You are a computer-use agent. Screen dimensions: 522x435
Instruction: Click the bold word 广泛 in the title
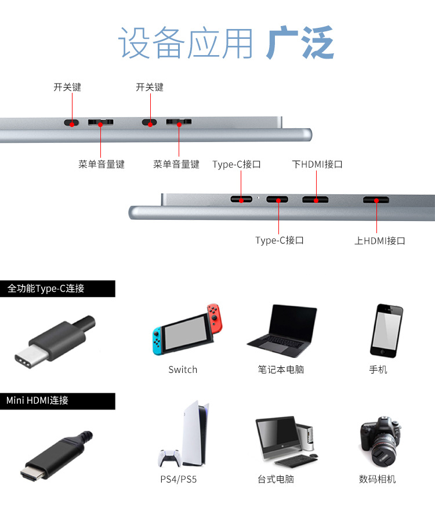[x=300, y=43]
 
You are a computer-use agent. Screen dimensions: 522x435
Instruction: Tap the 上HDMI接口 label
[x=380, y=241]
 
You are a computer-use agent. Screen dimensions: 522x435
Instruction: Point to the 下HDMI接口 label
[x=317, y=164]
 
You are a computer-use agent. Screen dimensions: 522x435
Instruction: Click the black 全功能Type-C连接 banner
[x=57, y=288]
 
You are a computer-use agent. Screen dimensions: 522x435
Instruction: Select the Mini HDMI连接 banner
[x=57, y=401]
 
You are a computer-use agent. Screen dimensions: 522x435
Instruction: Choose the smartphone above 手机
[x=386, y=330]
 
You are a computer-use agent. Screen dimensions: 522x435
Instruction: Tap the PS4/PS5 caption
[x=179, y=480]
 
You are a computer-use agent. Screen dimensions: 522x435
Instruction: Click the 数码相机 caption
[x=378, y=480]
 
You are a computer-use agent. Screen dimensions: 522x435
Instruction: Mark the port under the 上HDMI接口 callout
[x=376, y=200]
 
